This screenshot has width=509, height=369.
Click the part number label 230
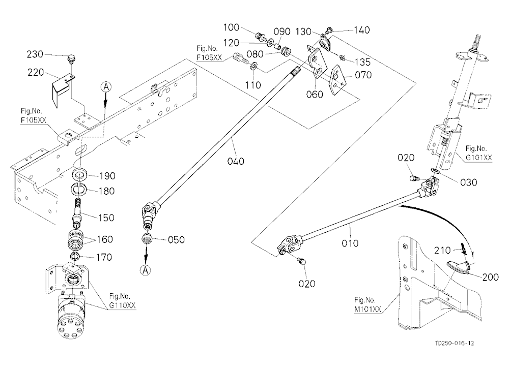pos(35,54)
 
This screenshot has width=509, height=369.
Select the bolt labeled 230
pos(70,59)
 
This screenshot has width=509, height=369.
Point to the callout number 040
pos(236,161)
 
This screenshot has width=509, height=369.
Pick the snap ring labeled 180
pos(78,189)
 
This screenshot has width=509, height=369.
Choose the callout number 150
pos(106,217)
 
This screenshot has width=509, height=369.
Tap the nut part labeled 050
pos(147,239)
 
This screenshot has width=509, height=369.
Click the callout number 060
pos(315,95)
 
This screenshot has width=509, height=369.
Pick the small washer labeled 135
pos(342,58)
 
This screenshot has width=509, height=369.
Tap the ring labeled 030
pos(435,171)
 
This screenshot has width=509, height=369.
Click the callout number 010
pos(350,243)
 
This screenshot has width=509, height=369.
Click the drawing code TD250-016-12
pos(455,343)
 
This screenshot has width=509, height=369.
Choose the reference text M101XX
pos(368,309)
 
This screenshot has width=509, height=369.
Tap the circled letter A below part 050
pos(145,270)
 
